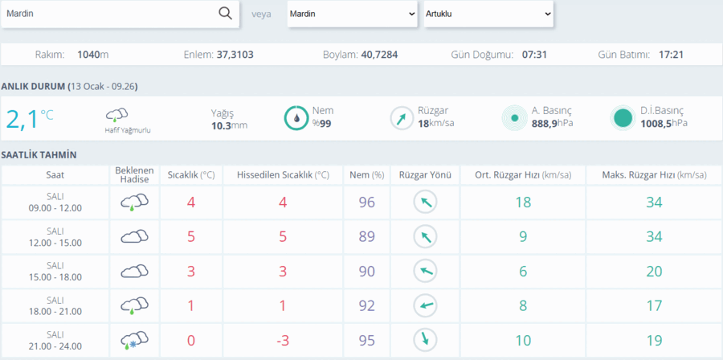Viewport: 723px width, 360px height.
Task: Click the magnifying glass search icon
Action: (x=225, y=14)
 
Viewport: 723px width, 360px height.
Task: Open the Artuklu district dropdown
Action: (x=488, y=14)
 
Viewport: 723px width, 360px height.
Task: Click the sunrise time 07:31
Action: (x=534, y=55)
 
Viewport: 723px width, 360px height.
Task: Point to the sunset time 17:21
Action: (x=671, y=55)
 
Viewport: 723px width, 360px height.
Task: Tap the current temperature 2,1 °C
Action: (x=30, y=118)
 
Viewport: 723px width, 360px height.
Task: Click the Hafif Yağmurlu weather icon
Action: (x=116, y=115)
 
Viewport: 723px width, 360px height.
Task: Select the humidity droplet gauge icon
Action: (x=296, y=118)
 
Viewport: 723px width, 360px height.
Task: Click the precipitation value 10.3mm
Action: (x=229, y=125)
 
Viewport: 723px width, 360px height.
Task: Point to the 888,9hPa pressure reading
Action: (x=553, y=123)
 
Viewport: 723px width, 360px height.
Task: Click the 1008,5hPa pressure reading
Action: (x=664, y=123)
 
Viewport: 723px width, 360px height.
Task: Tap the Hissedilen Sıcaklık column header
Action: (x=283, y=175)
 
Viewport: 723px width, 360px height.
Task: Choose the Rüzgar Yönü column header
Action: (x=425, y=175)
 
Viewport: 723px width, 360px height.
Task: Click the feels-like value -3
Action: (x=283, y=340)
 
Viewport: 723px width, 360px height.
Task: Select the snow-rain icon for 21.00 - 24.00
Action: (x=135, y=340)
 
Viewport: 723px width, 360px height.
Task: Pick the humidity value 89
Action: (x=367, y=236)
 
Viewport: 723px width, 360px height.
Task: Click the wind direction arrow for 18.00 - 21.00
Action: (x=425, y=305)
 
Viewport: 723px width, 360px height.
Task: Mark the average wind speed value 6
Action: (x=523, y=271)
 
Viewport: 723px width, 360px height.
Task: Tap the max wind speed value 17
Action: (x=654, y=305)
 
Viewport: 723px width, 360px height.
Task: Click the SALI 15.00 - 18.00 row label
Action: (x=55, y=271)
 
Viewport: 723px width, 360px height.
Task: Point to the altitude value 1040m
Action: (x=93, y=55)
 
